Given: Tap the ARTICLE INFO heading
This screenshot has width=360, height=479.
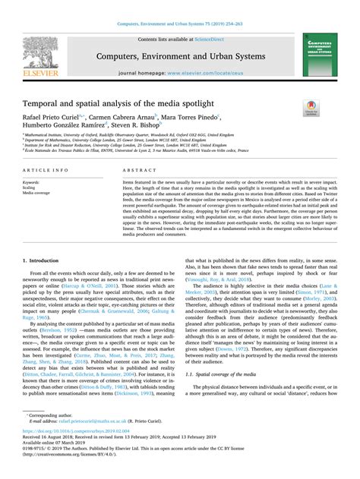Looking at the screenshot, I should [x=48, y=172].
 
